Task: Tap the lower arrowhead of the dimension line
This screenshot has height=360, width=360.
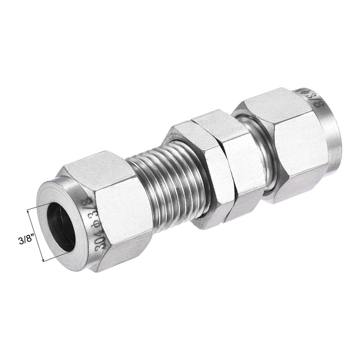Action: [x=43, y=260]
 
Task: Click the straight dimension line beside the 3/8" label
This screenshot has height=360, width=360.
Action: [x=36, y=235]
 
